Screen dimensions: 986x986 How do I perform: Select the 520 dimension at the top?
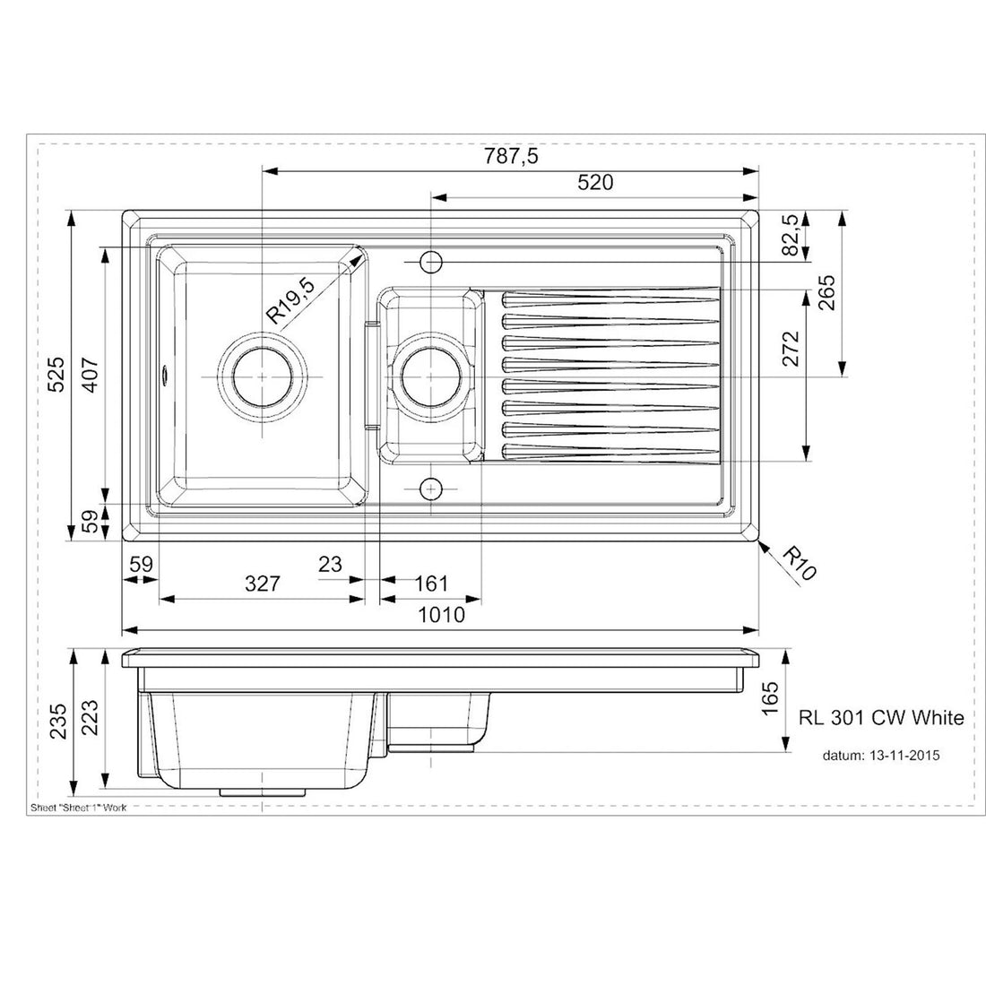pyautogui.click(x=595, y=183)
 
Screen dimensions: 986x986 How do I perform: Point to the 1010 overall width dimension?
pyautogui.click(x=441, y=615)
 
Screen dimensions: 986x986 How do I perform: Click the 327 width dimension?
pyautogui.click(x=263, y=585)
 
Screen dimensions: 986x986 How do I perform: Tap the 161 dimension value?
pyautogui.click(x=431, y=585)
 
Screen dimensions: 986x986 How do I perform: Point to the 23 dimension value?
pyautogui.click(x=330, y=564)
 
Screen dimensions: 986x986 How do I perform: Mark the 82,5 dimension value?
pyautogui.click(x=790, y=236)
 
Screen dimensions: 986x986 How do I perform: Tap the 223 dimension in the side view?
pyautogui.click(x=87, y=718)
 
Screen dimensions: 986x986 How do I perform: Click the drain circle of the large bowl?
pyautogui.click(x=262, y=376)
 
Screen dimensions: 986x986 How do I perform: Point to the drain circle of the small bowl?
pyautogui.click(x=431, y=376)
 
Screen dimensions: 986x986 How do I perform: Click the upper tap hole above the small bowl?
pyautogui.click(x=431, y=261)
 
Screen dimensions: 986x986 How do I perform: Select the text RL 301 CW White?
pyautogui.click(x=880, y=717)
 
